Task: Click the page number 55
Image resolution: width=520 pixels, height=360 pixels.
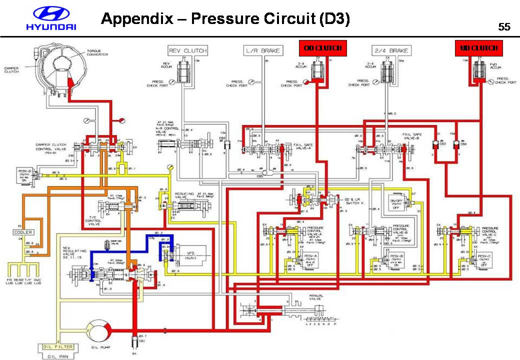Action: [x=504, y=27]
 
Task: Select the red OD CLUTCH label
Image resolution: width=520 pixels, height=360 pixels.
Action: [x=322, y=48]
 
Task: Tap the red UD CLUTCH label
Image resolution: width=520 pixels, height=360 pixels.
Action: [x=479, y=48]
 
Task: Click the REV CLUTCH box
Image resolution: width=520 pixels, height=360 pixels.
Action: [x=187, y=50]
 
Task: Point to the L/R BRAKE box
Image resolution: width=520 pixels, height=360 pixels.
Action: [x=263, y=50]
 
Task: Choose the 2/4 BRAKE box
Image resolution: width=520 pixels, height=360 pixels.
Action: [x=391, y=50]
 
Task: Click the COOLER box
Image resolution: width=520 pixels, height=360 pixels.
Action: [x=23, y=232]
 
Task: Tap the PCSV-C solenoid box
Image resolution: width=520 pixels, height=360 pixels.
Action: [x=484, y=259]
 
